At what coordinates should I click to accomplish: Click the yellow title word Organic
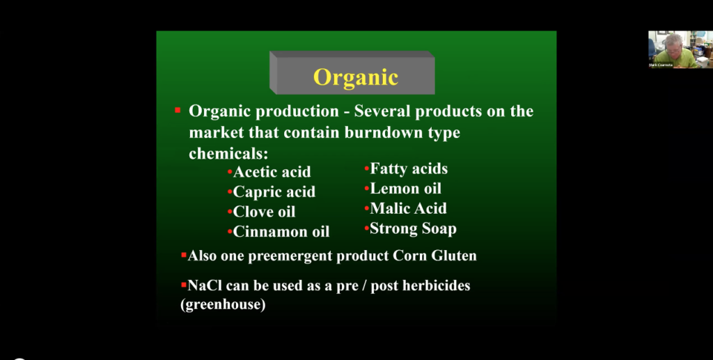[x=355, y=77]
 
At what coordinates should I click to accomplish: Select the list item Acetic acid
[x=272, y=172]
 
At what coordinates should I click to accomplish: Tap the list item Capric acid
[x=274, y=191]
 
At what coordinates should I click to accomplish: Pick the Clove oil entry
[x=264, y=212]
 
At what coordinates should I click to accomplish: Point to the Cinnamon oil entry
[x=281, y=232]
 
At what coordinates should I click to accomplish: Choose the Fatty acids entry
[x=409, y=169]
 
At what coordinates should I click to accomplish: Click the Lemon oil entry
[x=405, y=189]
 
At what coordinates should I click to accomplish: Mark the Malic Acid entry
[x=408, y=208]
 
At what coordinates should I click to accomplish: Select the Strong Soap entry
[x=413, y=228]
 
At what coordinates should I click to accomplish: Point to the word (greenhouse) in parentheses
[x=223, y=305]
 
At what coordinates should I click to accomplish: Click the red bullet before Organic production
[x=178, y=110]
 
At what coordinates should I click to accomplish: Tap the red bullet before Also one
[x=184, y=256]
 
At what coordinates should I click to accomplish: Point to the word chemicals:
[x=228, y=153]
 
